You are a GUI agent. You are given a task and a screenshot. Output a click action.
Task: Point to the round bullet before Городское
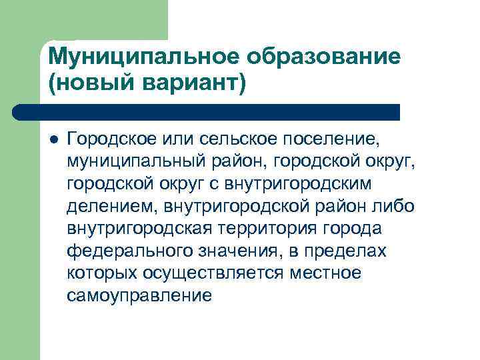point(53,139)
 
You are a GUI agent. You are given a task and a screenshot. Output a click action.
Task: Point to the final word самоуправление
point(139,295)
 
